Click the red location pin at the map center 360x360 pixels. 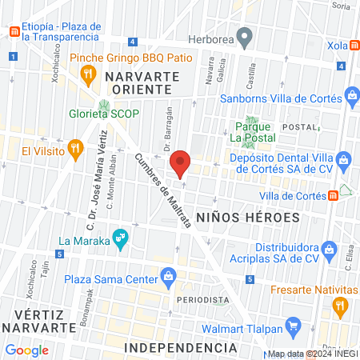(x=181, y=163)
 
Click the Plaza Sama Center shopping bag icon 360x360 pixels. (x=168, y=277)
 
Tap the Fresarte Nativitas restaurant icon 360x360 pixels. (x=339, y=305)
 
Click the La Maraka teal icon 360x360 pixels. (x=120, y=238)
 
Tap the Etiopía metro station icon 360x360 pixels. (x=14, y=32)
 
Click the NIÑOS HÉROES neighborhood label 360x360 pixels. (x=247, y=217)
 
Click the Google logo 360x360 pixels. (x=27, y=350)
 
